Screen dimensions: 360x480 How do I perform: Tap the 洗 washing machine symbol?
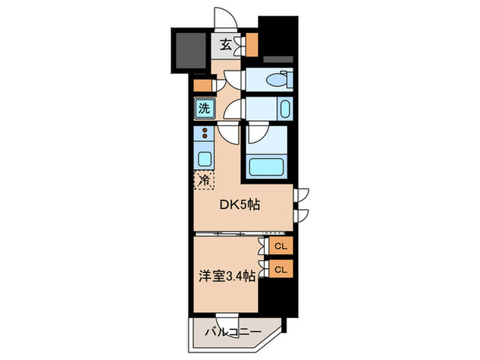click(x=204, y=108)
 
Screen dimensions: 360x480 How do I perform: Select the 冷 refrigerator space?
click(x=204, y=180)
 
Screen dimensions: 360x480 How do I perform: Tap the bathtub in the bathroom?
click(x=268, y=167)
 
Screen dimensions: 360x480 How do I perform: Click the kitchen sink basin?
click(x=204, y=158)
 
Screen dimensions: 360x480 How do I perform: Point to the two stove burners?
click(x=204, y=134)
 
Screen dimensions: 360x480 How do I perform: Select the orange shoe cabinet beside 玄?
click(x=252, y=44)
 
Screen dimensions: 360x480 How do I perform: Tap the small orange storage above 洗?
click(x=200, y=87)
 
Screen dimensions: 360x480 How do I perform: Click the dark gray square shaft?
click(x=189, y=51)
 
